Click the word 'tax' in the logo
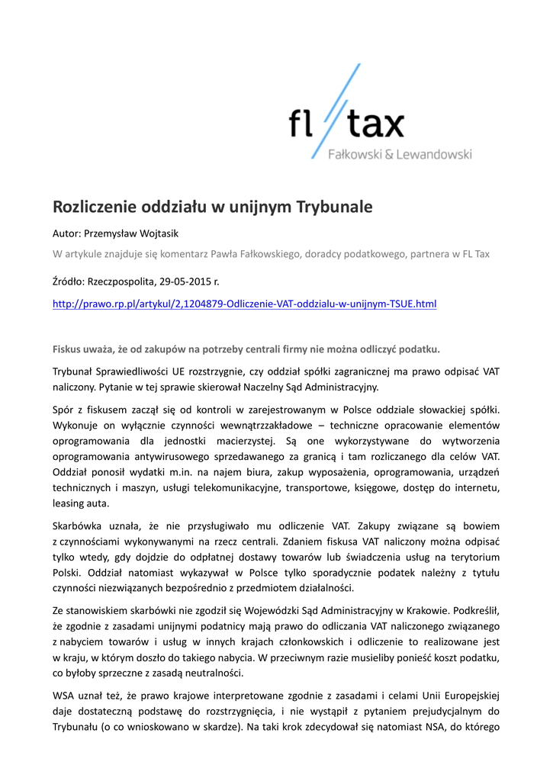(376, 124)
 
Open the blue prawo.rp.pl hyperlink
(244, 304)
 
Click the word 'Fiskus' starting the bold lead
(67, 350)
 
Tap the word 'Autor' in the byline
(66, 233)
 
